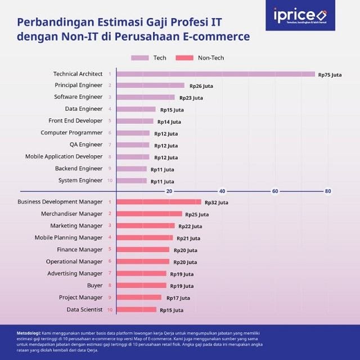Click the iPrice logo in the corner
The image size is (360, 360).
click(300, 15)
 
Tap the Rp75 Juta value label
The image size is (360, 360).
click(330, 74)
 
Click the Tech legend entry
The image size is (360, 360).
click(149, 58)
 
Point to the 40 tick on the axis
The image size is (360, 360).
click(222, 191)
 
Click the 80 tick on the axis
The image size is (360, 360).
click(328, 191)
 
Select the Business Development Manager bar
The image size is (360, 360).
click(159, 202)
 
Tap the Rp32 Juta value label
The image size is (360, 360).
click(217, 202)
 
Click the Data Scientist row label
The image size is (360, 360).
click(84, 309)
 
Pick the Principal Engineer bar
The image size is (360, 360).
click(150, 85)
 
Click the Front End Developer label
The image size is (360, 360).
click(75, 121)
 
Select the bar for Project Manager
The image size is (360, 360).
click(138, 298)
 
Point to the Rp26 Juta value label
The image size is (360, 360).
click(201, 86)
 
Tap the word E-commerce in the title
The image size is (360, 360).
click(223, 37)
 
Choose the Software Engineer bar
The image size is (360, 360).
click(146, 97)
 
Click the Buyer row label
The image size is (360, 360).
click(94, 286)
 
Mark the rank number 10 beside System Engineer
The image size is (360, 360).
click(110, 181)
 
